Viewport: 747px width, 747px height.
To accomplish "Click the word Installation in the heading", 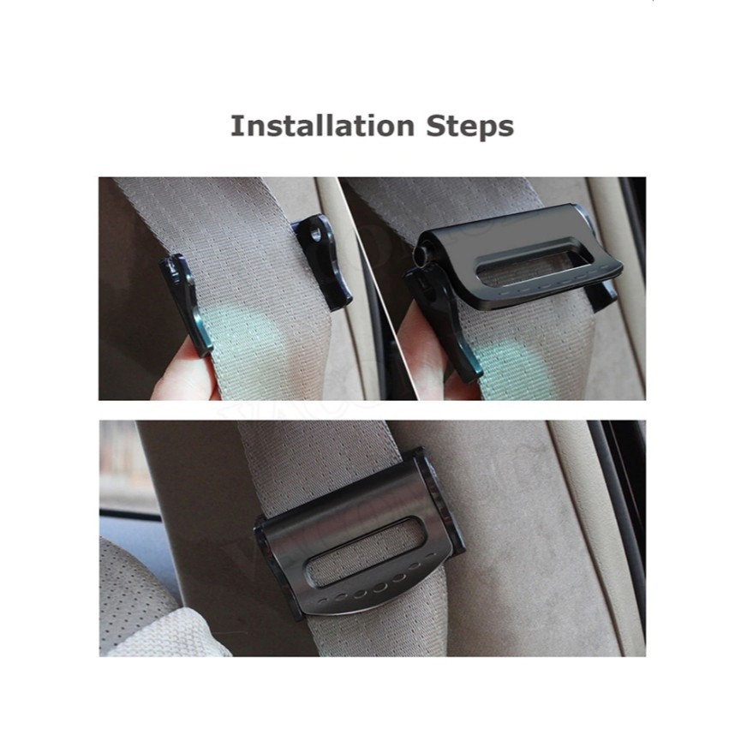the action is coord(322,126).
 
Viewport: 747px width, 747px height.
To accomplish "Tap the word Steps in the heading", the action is coord(469,127).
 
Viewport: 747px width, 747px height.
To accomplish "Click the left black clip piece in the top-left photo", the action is coord(186,304).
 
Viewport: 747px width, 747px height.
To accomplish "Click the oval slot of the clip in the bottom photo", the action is coord(367,553).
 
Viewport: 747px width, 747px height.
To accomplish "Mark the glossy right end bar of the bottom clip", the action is coord(438,501).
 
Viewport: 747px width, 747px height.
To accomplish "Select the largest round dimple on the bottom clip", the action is coord(379,588).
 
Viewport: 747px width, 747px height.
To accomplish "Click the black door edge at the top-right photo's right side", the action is coord(633,286).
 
